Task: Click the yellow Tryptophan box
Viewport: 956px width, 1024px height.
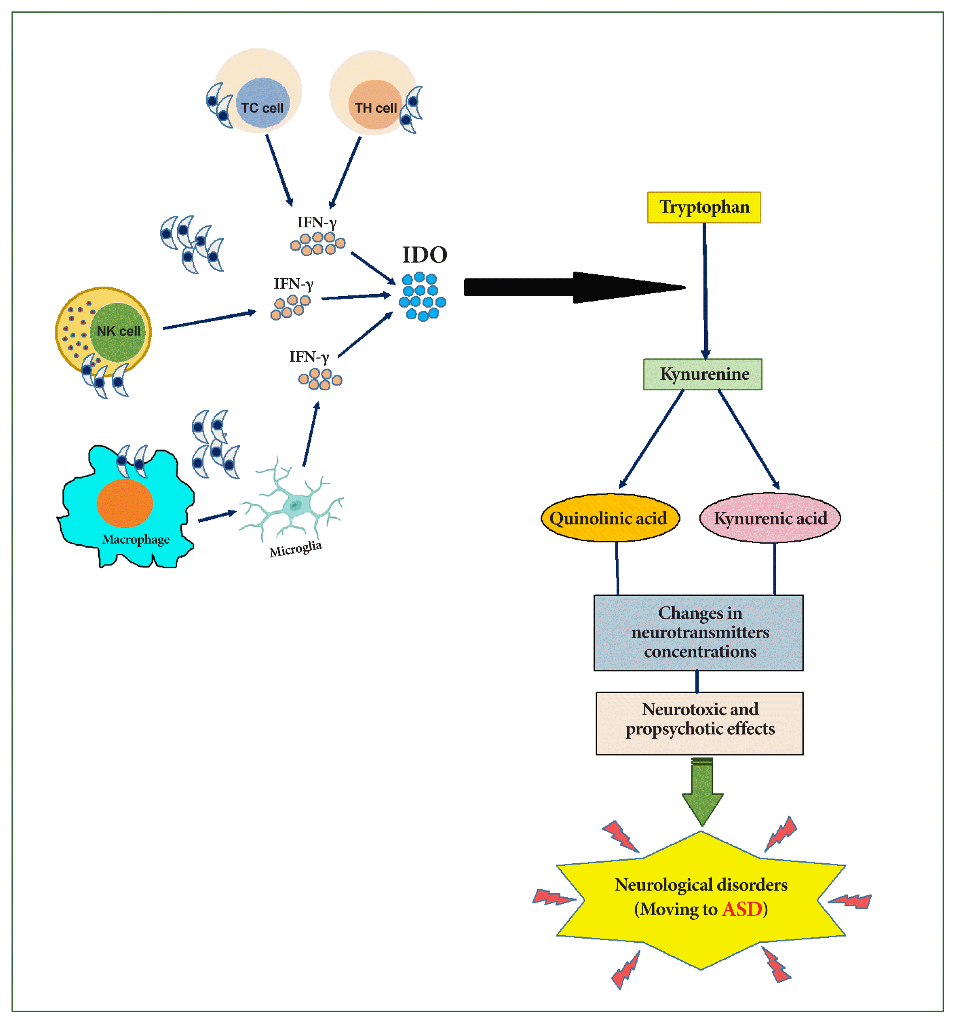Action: click(x=704, y=208)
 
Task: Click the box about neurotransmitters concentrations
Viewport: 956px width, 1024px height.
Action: click(x=699, y=632)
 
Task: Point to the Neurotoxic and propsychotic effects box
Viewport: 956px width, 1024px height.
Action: click(x=699, y=723)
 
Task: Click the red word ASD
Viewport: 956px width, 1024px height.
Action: click(x=742, y=909)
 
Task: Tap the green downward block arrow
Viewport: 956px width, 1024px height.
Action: click(x=703, y=792)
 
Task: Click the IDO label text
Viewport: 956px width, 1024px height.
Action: click(x=424, y=255)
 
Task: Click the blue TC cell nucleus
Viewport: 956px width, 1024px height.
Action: click(x=263, y=103)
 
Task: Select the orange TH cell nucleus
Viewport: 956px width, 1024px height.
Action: click(x=375, y=105)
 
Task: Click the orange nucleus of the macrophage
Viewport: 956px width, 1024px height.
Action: click(x=125, y=503)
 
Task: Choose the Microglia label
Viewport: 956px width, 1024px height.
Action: click(x=296, y=549)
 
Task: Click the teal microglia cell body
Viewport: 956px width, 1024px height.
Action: click(x=295, y=505)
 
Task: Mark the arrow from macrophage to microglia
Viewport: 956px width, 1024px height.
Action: click(x=217, y=516)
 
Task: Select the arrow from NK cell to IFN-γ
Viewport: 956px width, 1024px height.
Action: click(x=209, y=320)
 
